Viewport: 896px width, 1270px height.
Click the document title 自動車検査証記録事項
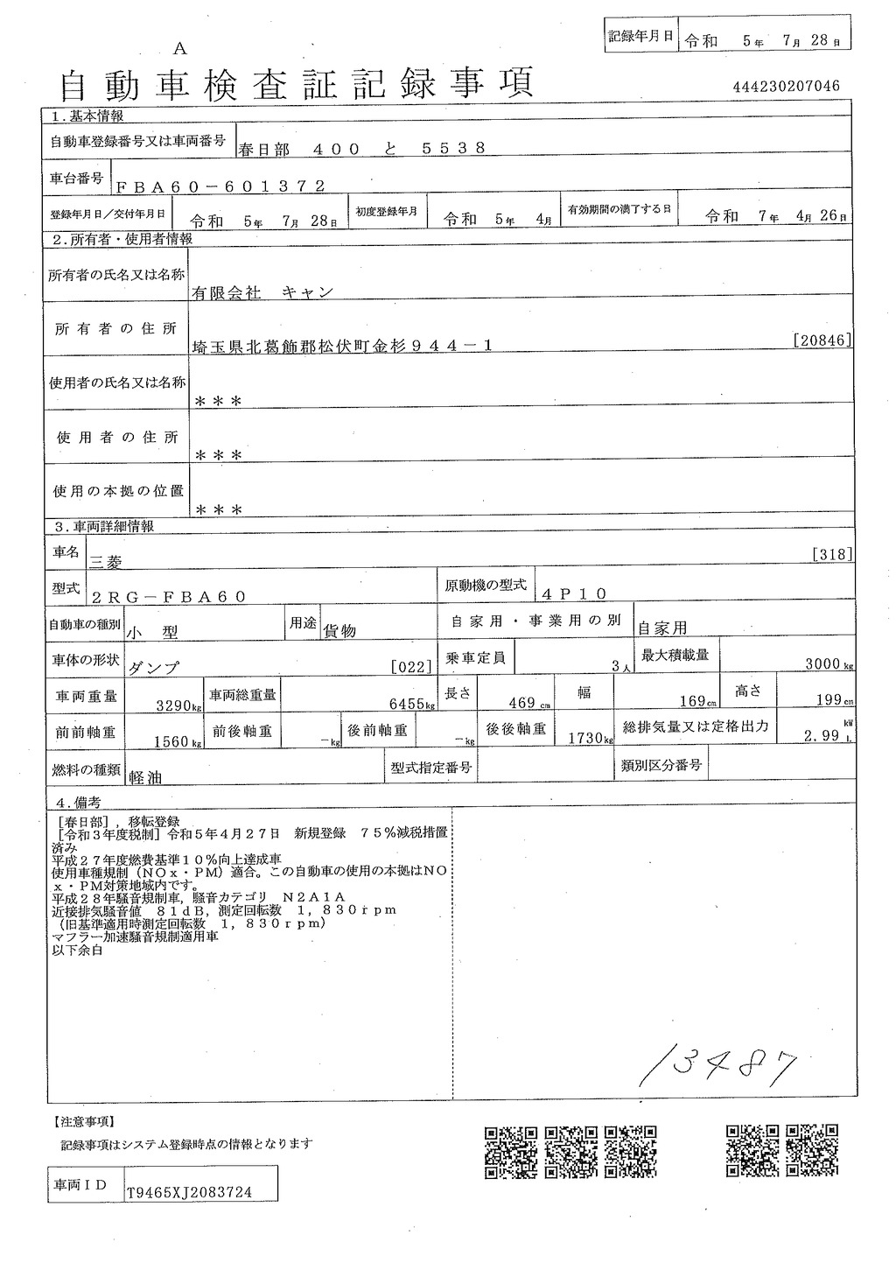click(x=296, y=84)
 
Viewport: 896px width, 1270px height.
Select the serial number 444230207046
click(x=787, y=86)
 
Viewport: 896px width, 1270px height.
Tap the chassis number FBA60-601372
click(x=220, y=186)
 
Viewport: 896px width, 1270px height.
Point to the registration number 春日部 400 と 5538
click(x=361, y=148)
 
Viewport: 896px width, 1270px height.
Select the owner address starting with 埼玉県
click(x=342, y=346)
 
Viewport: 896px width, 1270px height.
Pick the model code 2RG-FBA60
click(x=168, y=596)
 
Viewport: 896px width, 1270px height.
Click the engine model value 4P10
click(x=573, y=593)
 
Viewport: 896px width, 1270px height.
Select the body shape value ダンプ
click(x=154, y=666)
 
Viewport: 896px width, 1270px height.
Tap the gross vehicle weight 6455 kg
click(x=413, y=704)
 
